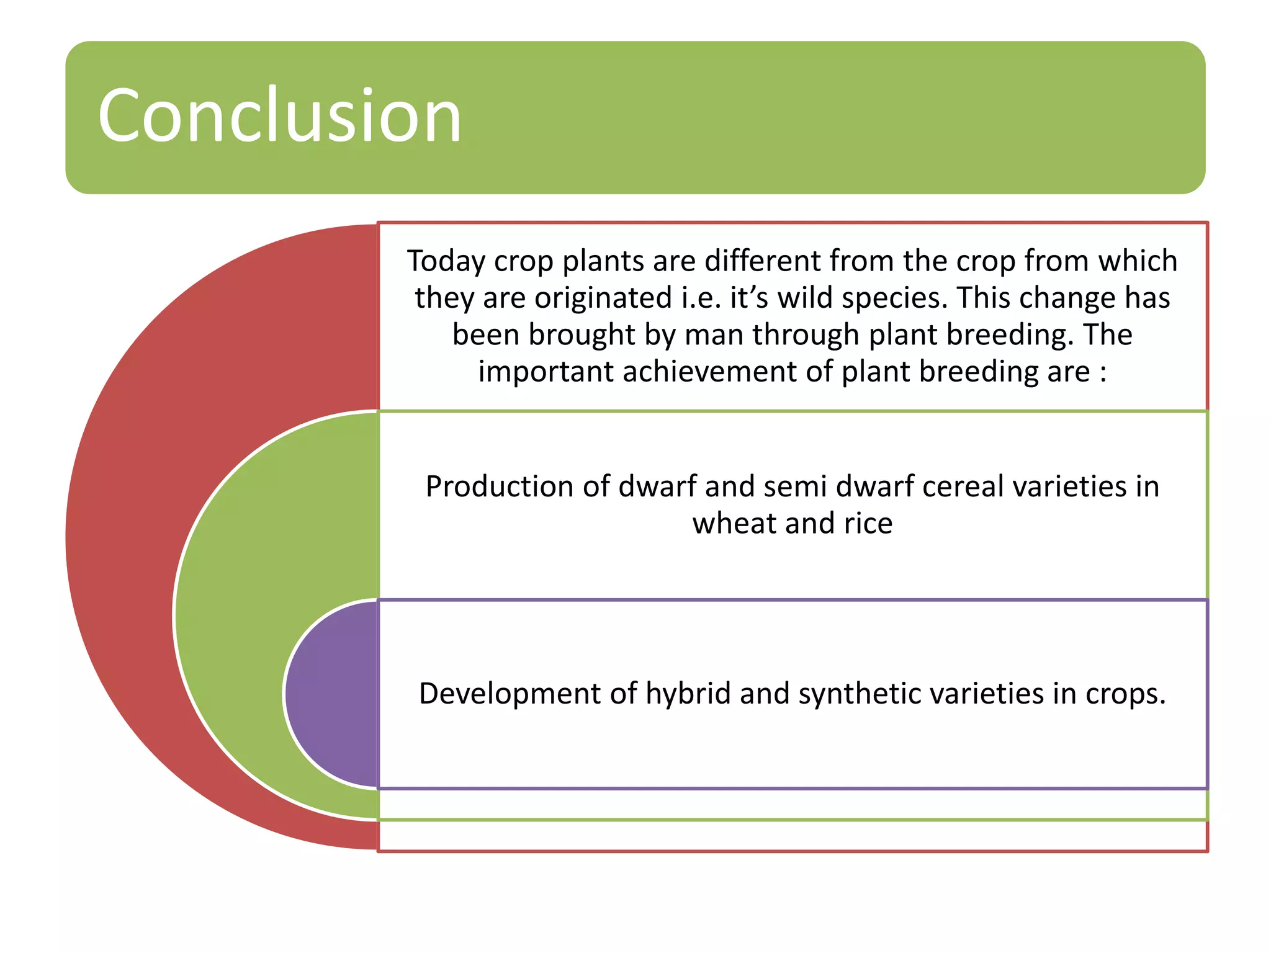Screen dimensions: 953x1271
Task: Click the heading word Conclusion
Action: point(279,117)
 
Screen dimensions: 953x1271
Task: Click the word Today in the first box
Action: point(446,261)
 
